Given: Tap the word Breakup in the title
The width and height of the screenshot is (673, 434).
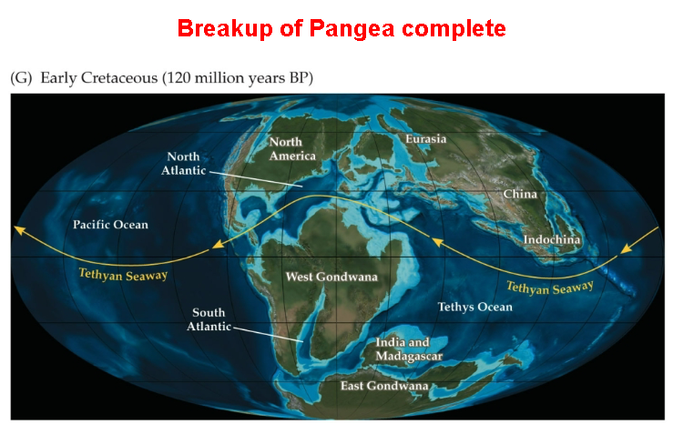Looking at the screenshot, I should (222, 28).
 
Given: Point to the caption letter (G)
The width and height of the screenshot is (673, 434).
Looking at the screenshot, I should (21, 79).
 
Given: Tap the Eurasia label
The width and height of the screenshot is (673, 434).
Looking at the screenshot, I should (426, 139).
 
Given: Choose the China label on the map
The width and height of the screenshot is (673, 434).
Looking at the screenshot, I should (520, 194).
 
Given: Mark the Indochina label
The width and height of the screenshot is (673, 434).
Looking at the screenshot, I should (552, 240).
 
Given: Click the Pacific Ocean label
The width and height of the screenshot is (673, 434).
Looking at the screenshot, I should (110, 224).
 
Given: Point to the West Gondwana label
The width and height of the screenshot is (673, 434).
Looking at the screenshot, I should (331, 276).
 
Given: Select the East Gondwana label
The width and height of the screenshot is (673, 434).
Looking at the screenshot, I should (384, 386).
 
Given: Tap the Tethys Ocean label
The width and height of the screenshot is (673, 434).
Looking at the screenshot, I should (474, 307).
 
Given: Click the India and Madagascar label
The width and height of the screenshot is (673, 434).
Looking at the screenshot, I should (409, 349).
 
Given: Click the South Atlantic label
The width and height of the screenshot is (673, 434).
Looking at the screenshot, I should (209, 319).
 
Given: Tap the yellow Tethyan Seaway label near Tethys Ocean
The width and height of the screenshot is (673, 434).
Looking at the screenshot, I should (549, 288).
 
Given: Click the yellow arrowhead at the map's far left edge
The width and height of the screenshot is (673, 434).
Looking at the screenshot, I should (17, 229).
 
